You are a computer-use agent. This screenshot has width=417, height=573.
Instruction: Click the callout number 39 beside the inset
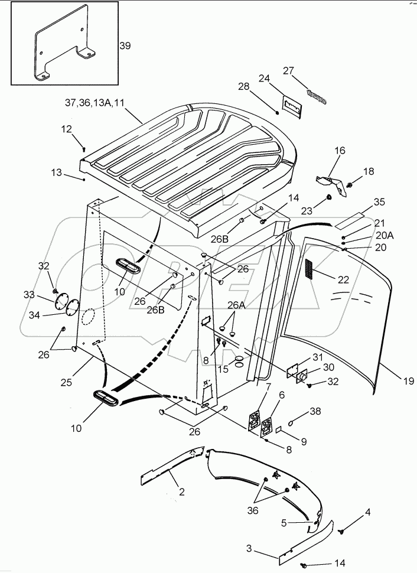(x=125, y=45)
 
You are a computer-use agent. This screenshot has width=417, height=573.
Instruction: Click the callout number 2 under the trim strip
(x=182, y=491)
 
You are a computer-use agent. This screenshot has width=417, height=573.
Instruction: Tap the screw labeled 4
(x=341, y=532)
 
